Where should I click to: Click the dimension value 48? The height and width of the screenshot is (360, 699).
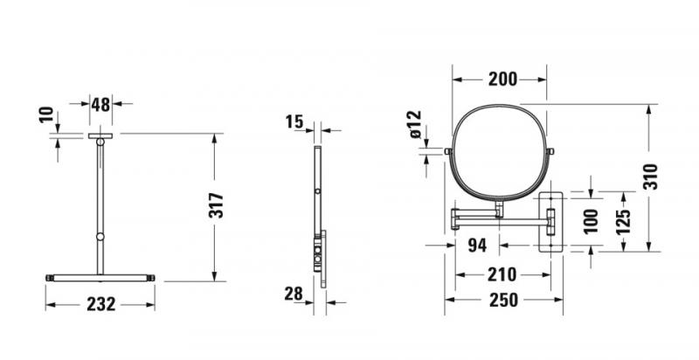pyautogui.click(x=100, y=104)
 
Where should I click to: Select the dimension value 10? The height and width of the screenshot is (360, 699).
pyautogui.click(x=47, y=115)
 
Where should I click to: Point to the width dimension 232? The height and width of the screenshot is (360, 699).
pyautogui.click(x=100, y=304)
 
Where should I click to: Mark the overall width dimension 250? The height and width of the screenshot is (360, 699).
pyautogui.click(x=502, y=299)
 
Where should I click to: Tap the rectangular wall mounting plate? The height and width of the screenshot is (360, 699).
pyautogui.click(x=552, y=218)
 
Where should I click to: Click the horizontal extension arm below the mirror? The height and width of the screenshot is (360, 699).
pyautogui.click(x=498, y=214)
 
